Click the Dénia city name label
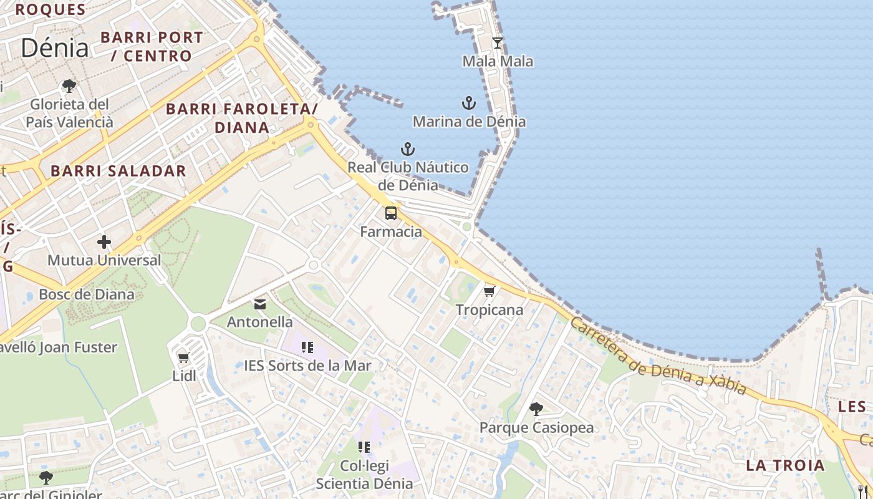click(x=54, y=47)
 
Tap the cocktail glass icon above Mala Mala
click(x=497, y=42)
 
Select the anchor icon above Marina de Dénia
click(x=469, y=103)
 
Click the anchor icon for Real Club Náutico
click(x=407, y=149)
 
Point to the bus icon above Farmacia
click(x=391, y=213)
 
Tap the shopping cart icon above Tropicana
click(x=490, y=291)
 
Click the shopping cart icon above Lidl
click(x=183, y=358)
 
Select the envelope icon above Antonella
click(x=260, y=304)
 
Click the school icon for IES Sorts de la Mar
click(x=307, y=347)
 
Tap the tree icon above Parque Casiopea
click(x=536, y=409)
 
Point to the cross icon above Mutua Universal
click(x=104, y=242)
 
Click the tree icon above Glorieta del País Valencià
click(x=69, y=86)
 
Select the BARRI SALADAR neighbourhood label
click(x=118, y=171)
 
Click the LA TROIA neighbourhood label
click(x=785, y=465)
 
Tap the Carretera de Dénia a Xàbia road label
click(x=658, y=357)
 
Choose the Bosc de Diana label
click(x=87, y=294)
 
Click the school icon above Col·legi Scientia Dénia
click(x=364, y=447)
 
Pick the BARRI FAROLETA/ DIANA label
click(x=242, y=119)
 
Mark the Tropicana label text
click(x=490, y=310)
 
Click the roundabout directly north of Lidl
click(x=198, y=324)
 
